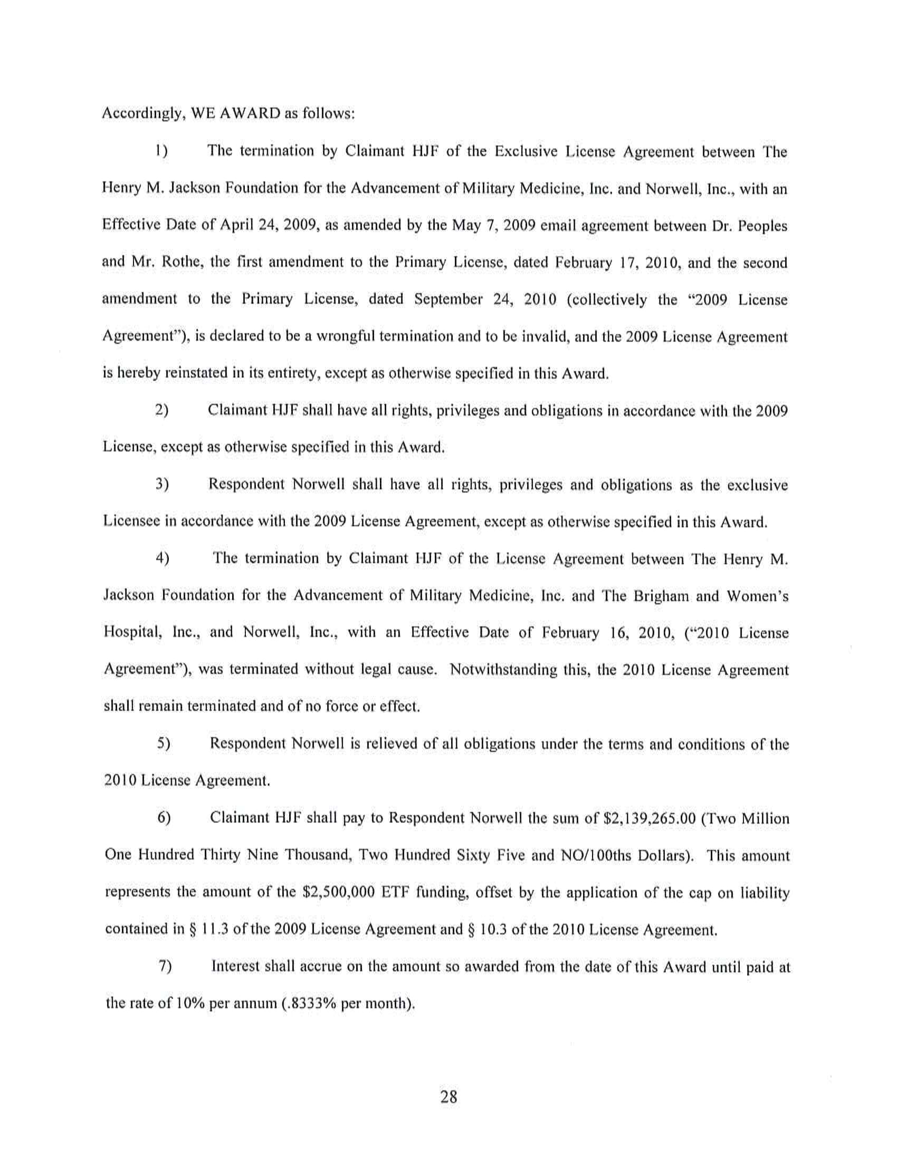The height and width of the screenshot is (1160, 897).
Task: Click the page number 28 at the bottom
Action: tap(448, 1097)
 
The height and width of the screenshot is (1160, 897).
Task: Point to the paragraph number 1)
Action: tap(161, 152)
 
